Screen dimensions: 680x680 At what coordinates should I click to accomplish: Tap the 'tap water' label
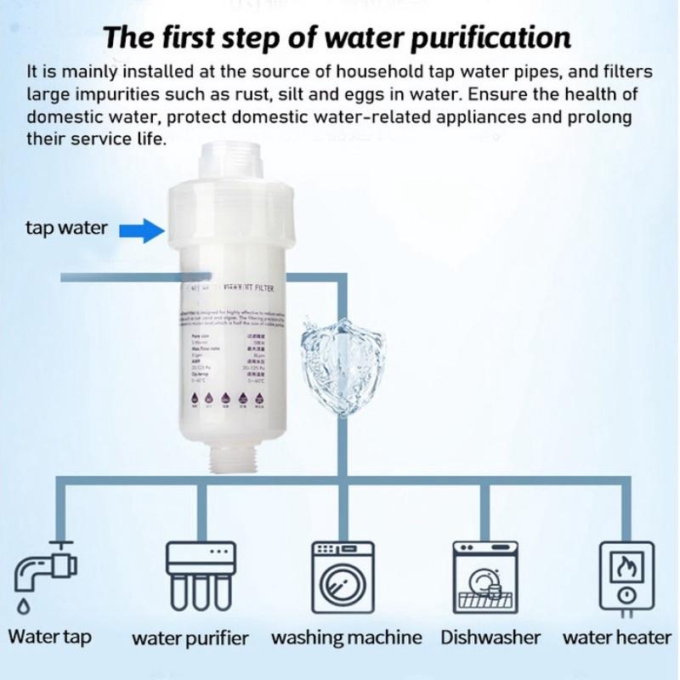(x=66, y=229)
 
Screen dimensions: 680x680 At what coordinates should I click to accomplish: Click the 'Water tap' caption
(x=49, y=637)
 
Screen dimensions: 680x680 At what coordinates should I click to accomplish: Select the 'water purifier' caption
(x=190, y=638)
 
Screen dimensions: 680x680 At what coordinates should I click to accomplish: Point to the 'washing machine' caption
(x=347, y=637)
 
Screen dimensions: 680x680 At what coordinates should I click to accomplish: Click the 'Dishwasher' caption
(x=490, y=637)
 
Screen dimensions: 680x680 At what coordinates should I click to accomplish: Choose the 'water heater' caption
(x=616, y=637)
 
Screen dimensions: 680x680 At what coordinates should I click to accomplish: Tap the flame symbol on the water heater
(x=627, y=563)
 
